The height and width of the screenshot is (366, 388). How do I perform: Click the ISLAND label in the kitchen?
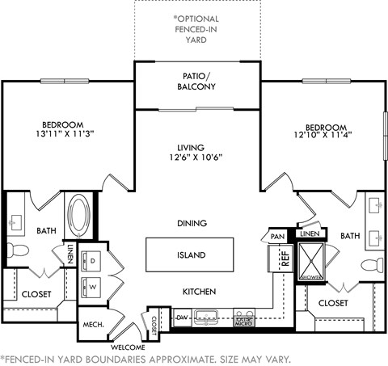click(191, 255)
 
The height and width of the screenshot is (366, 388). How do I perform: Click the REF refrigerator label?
click(285, 259)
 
